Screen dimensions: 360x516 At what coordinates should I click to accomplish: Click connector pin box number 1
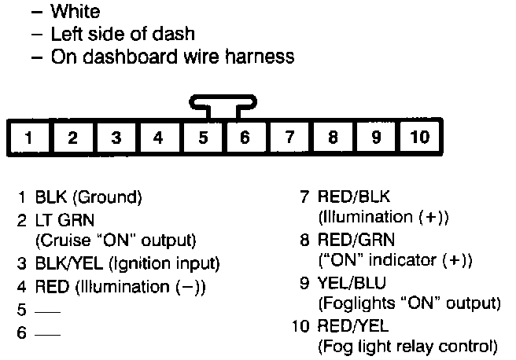[x=28, y=138]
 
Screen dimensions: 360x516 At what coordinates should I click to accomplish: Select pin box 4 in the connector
[x=159, y=138]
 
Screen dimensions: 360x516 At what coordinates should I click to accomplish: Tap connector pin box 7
[x=289, y=138]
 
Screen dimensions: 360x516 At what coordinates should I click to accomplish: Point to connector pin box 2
[x=72, y=138]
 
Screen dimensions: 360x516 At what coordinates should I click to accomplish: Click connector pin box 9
[x=376, y=138]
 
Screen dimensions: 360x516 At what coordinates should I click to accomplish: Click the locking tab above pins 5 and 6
[x=224, y=103]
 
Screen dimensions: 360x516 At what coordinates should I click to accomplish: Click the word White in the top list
[x=75, y=13]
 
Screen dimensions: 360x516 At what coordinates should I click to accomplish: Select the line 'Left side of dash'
[x=122, y=35]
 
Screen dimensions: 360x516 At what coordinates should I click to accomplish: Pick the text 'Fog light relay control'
[x=407, y=346]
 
